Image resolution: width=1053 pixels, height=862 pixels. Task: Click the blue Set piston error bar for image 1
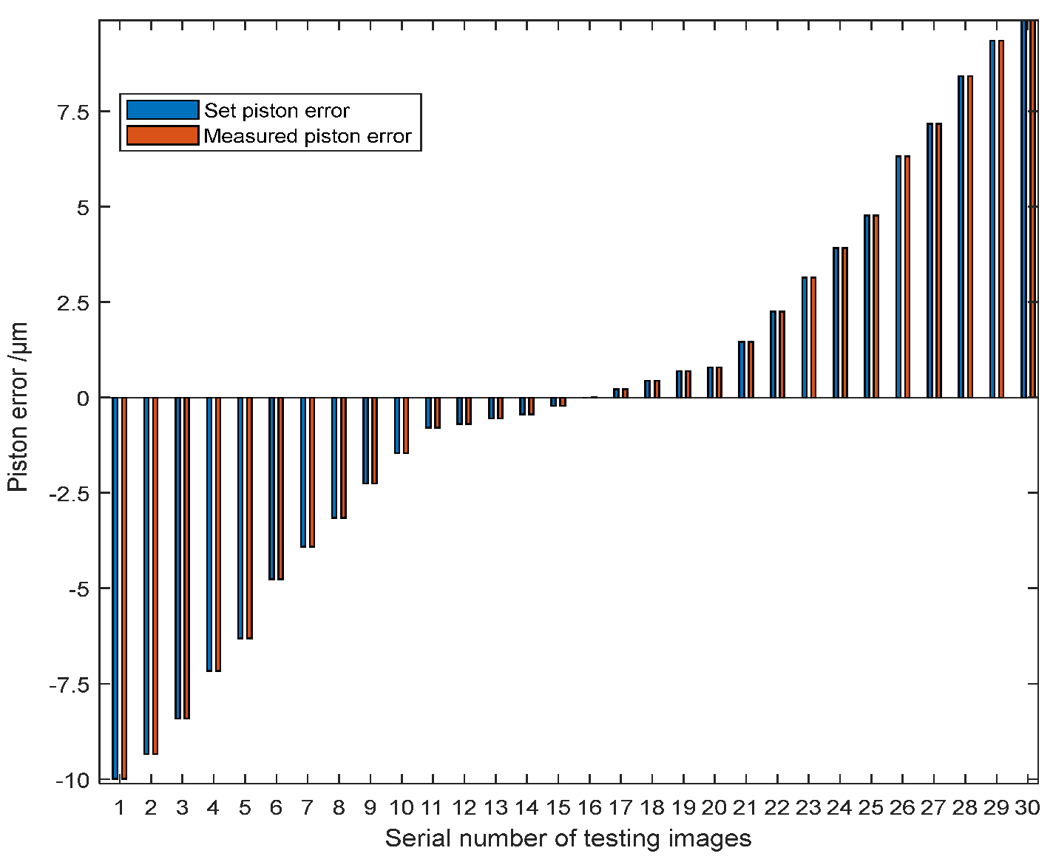click(115, 588)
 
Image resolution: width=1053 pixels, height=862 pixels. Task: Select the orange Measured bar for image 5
click(250, 517)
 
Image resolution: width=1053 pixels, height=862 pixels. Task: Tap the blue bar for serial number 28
click(961, 237)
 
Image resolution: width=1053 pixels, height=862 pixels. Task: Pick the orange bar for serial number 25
click(876, 306)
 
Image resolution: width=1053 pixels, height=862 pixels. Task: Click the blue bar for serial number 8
click(334, 458)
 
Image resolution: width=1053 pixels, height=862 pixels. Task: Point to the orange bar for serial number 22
click(782, 354)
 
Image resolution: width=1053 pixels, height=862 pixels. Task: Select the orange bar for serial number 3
click(187, 558)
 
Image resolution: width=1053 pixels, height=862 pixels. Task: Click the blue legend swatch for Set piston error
click(163, 110)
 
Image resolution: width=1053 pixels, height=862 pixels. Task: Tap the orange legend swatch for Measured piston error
click(163, 136)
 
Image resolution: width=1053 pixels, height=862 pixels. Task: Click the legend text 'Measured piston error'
click(308, 137)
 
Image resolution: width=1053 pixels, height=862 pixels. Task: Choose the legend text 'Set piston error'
click(277, 111)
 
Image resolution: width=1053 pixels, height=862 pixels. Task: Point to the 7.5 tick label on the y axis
click(70, 112)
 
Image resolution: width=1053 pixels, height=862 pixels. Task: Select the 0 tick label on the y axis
click(82, 398)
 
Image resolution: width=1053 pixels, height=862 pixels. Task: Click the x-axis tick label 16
click(589, 808)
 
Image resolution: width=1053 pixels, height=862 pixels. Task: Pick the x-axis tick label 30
click(1027, 808)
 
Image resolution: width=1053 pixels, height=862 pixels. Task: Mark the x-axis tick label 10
click(401, 808)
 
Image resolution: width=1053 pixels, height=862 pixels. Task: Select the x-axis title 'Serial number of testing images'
click(568, 839)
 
